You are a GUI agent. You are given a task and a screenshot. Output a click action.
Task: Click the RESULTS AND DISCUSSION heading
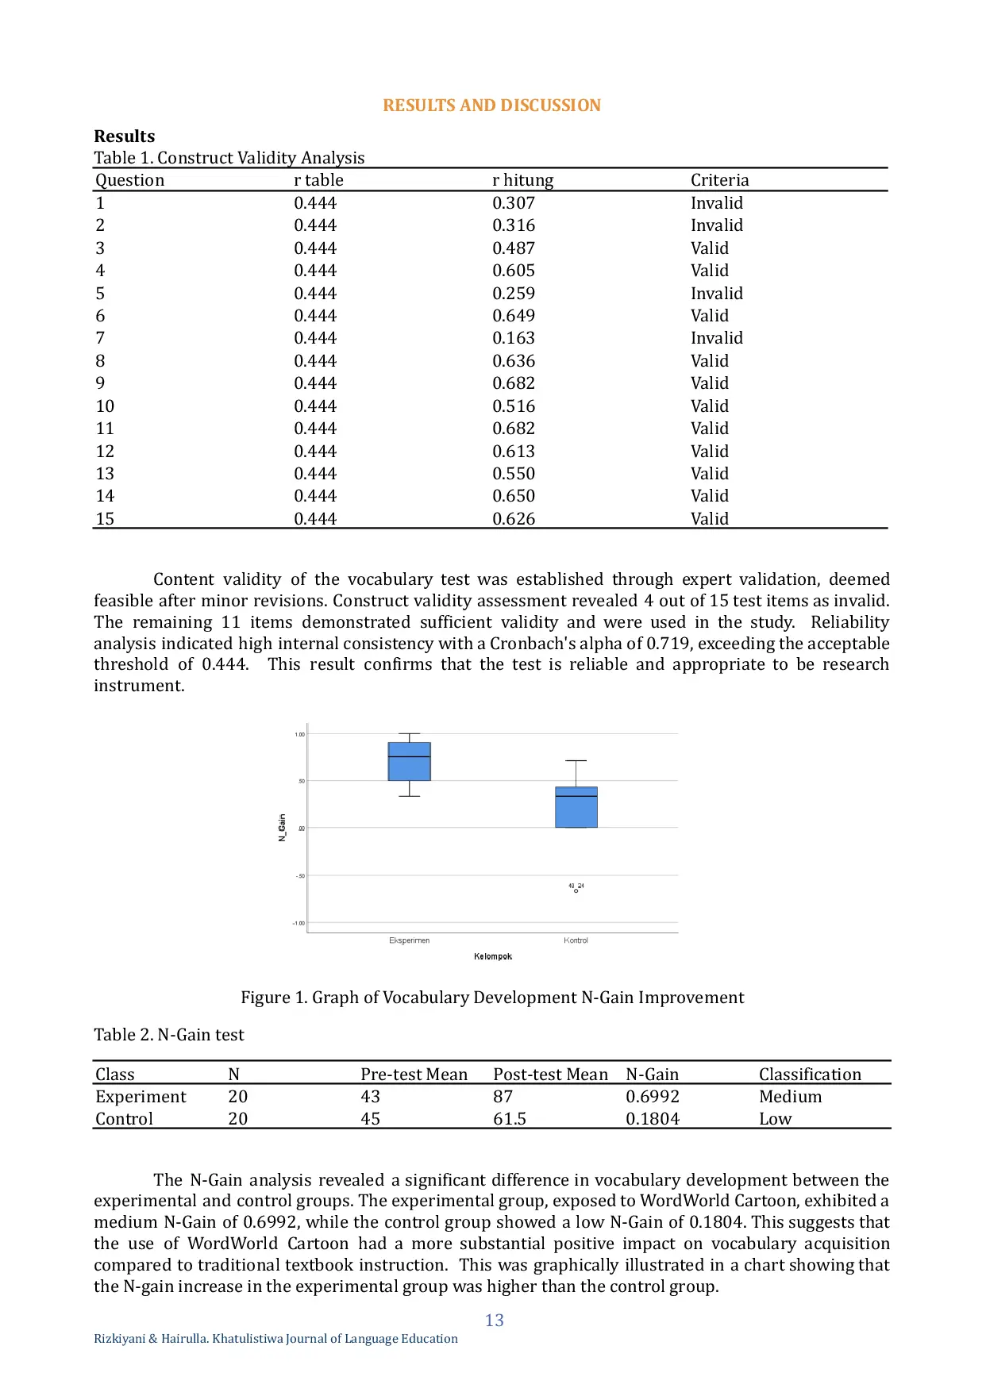point(491,106)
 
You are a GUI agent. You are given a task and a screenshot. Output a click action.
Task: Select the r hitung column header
point(522,180)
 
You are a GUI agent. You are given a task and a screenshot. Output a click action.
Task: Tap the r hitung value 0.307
point(514,203)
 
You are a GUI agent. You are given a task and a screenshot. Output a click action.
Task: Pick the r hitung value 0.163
point(514,338)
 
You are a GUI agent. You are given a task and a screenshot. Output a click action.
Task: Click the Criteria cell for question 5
point(716,294)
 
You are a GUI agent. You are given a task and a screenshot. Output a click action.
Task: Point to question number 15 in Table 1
point(105,519)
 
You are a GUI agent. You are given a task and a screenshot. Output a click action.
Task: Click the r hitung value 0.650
point(514,496)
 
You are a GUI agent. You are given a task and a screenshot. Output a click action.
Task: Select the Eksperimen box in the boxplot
point(409,762)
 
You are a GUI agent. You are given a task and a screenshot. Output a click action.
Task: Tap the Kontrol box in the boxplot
point(576,807)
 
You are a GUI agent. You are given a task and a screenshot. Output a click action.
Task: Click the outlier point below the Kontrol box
point(576,891)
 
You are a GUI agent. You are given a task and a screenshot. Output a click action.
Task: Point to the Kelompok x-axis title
point(493,956)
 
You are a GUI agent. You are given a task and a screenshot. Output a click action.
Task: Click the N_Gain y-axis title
point(282,828)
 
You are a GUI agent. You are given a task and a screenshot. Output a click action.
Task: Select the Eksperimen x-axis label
point(409,940)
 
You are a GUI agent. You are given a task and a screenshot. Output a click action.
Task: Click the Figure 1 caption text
point(492,998)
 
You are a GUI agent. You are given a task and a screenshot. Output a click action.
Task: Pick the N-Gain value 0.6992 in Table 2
point(652,1097)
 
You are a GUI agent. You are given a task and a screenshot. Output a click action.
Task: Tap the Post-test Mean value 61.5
point(509,1119)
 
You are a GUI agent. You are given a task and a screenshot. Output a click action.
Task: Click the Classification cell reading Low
point(775,1119)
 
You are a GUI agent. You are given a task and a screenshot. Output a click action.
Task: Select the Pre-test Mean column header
point(414,1075)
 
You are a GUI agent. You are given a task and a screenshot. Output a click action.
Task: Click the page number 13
point(494,1320)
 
